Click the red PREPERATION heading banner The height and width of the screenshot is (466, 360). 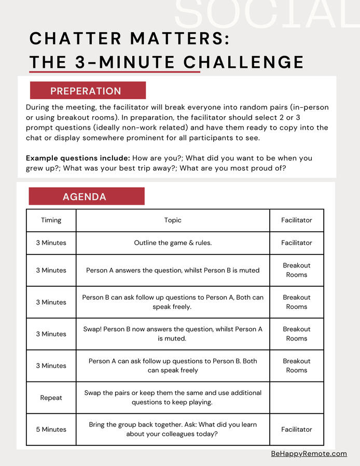coord(87,91)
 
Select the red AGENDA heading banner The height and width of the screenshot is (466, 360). coord(86,196)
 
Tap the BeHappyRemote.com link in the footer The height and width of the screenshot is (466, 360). coord(309,454)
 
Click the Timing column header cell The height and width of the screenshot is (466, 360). coord(51,220)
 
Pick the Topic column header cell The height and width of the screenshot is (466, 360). coord(173,220)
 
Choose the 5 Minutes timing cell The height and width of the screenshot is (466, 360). coord(51,429)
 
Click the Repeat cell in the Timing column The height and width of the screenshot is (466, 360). coord(51,398)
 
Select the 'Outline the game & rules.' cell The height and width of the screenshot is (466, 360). coord(173,243)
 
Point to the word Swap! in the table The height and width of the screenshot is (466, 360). coord(92,329)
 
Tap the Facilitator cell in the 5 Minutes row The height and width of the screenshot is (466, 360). coord(296,429)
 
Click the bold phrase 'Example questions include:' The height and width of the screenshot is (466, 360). coord(78,158)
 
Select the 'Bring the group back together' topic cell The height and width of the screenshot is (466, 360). coord(173,429)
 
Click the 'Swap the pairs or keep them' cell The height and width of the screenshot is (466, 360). coord(173,398)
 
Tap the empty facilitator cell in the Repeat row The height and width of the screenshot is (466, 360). coord(296,398)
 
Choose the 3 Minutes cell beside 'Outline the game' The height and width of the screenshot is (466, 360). coord(51,243)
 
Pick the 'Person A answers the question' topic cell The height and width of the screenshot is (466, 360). coord(173,270)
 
